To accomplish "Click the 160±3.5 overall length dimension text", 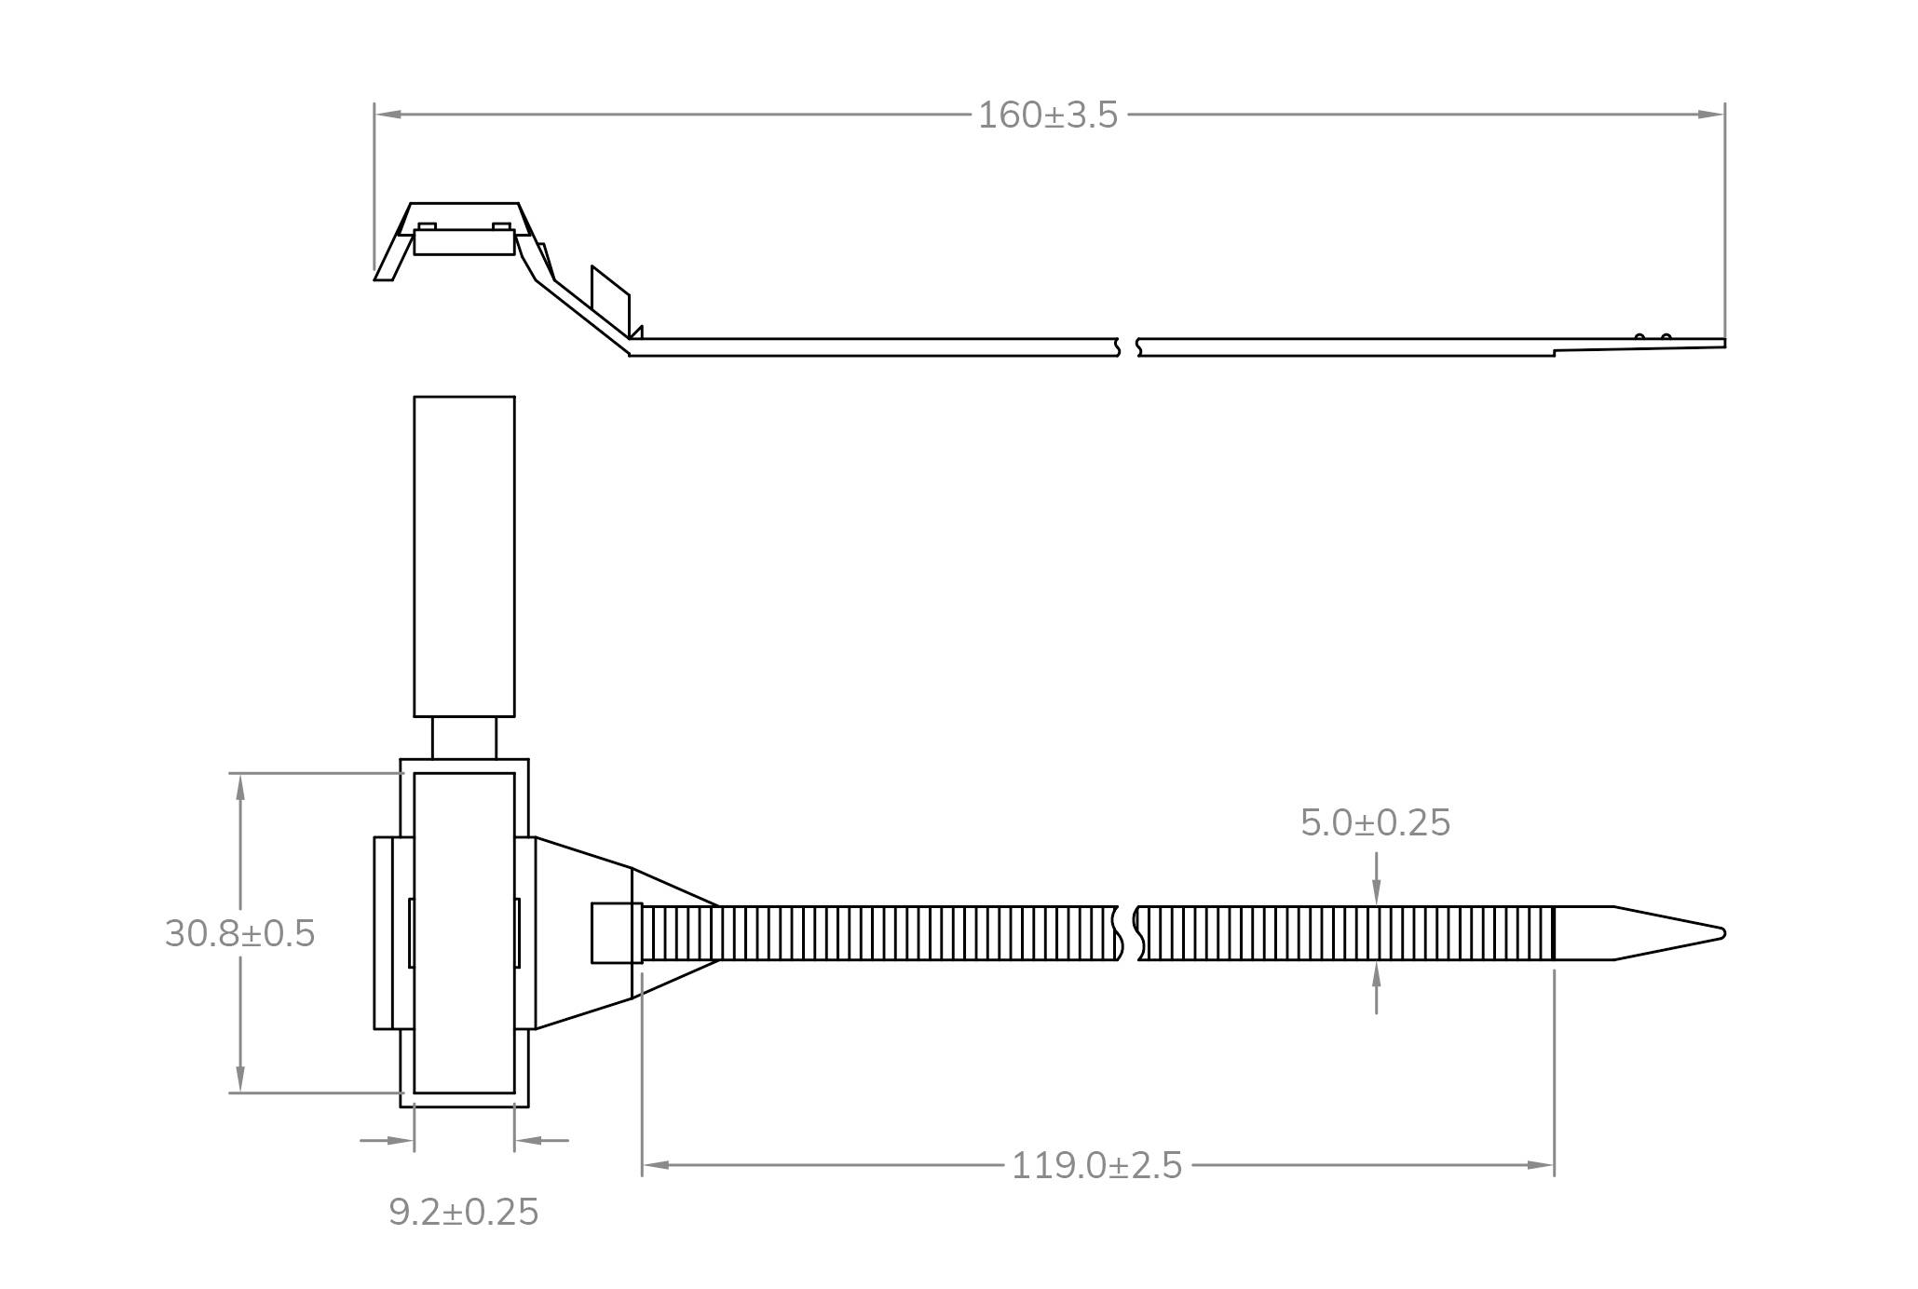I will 1047,115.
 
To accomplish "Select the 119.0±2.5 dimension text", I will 1096,1166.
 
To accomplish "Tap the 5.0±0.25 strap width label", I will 1375,823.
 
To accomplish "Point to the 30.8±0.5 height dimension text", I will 239,934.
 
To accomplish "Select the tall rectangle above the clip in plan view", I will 464,556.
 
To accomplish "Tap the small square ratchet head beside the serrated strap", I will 616,933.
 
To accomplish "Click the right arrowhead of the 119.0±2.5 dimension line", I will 1541,1165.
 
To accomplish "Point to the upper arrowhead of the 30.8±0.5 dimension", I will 240,787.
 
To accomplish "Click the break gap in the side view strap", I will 1128,347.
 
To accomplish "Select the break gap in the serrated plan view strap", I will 1128,933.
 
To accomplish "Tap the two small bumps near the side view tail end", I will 1653,336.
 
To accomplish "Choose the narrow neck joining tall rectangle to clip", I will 464,738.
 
